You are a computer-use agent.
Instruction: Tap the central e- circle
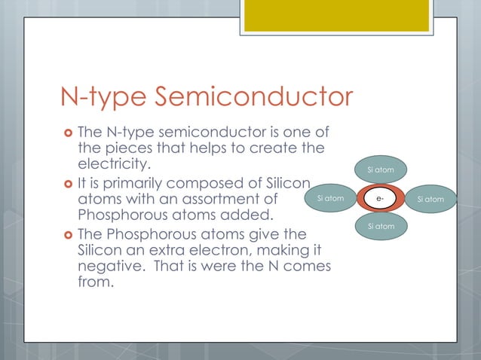(x=381, y=199)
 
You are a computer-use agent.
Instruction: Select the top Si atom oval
(x=380, y=171)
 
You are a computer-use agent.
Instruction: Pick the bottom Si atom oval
(x=380, y=227)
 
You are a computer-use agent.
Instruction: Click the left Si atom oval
(x=330, y=199)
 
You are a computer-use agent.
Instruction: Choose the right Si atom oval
(x=430, y=199)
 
